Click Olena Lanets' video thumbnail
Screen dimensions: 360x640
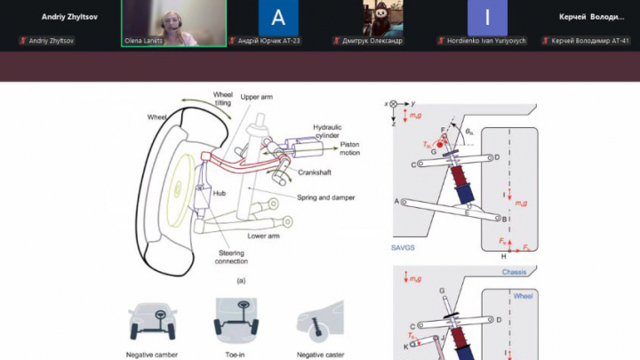pos(173,21)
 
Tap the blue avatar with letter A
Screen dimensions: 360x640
pos(277,18)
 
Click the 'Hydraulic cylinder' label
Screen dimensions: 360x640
pos(326,132)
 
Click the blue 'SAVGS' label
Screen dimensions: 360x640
pos(404,248)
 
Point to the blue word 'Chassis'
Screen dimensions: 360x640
pos(516,272)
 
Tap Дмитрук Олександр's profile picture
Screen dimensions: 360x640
pos(382,18)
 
